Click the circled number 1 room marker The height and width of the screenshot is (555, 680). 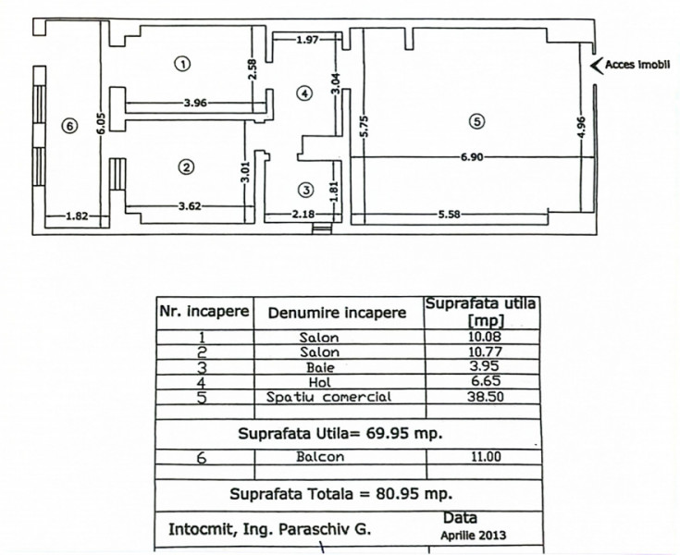coord(182,64)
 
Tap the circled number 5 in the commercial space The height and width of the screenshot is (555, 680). coord(477,121)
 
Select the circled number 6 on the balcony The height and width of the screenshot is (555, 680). coord(69,126)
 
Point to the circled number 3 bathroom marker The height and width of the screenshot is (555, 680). coord(306,190)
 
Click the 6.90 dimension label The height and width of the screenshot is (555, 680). coord(472,157)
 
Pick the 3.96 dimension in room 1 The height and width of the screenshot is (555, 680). coord(195,104)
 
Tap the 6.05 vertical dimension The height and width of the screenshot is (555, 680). coord(101,124)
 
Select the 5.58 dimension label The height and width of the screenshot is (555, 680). coord(449,215)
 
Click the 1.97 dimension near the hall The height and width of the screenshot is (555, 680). coord(307,41)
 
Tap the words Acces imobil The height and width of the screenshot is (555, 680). coord(637,65)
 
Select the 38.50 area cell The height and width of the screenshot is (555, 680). coord(486,397)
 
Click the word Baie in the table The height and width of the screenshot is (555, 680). coord(320,368)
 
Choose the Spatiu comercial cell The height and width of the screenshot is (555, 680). coord(328,397)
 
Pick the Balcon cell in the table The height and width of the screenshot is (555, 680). coord(320,457)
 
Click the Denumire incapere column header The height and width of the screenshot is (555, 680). coord(337,313)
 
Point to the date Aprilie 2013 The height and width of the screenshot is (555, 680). coord(473,535)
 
